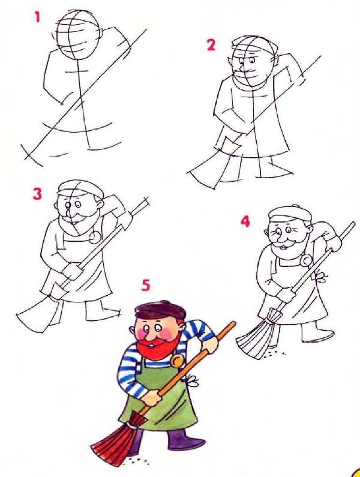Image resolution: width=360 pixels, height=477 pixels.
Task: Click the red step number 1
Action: (37, 17)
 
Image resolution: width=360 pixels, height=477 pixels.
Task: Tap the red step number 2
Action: (211, 45)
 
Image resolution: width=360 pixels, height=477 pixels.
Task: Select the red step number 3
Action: (37, 193)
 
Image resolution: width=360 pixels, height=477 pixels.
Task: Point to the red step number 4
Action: (245, 221)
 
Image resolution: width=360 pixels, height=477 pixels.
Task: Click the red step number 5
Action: (146, 286)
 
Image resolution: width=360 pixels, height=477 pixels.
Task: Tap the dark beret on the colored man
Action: (160, 310)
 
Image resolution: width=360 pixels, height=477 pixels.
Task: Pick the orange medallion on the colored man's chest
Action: (176, 361)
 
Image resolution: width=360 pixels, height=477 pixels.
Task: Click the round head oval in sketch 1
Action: (79, 34)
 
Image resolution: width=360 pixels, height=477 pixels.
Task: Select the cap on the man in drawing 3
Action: (80, 188)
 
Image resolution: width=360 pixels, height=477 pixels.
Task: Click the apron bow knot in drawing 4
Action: (320, 277)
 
